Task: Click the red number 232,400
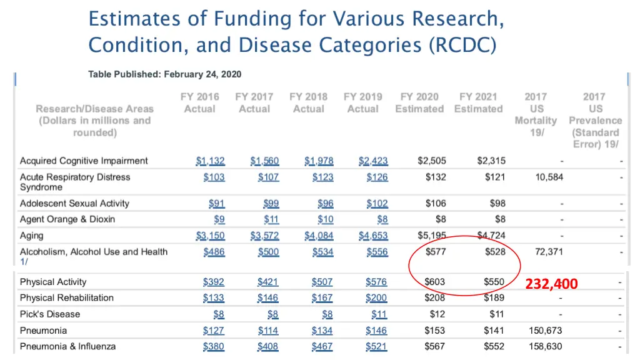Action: [x=551, y=284]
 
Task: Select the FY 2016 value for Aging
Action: [x=210, y=236]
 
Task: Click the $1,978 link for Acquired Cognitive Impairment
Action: [x=319, y=161]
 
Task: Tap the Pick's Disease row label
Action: [x=50, y=314]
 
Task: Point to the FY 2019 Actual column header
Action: [x=363, y=102]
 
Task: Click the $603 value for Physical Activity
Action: [x=434, y=282]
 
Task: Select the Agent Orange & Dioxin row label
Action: [x=67, y=219]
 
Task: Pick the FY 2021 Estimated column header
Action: [x=478, y=102]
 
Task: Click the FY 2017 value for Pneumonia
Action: [x=268, y=330]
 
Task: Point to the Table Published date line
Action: [x=164, y=74]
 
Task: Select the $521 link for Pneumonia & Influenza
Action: [x=376, y=346]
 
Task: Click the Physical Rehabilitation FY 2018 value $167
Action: [x=322, y=297]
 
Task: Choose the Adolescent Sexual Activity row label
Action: [x=74, y=203]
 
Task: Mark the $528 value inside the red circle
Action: [x=494, y=252]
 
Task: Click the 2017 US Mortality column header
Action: [x=536, y=114]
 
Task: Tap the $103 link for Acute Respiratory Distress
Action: [x=214, y=177]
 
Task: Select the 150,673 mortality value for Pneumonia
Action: [x=545, y=330]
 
